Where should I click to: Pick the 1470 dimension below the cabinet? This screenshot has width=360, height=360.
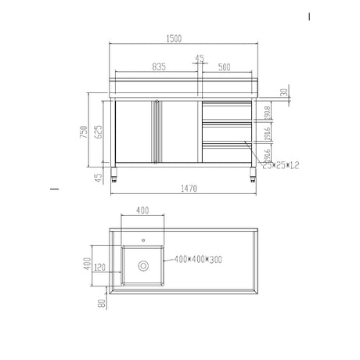pos(185,189)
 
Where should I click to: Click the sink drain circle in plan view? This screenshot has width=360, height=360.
pos(142,266)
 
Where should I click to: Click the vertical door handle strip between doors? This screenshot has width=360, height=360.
pos(157,131)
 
